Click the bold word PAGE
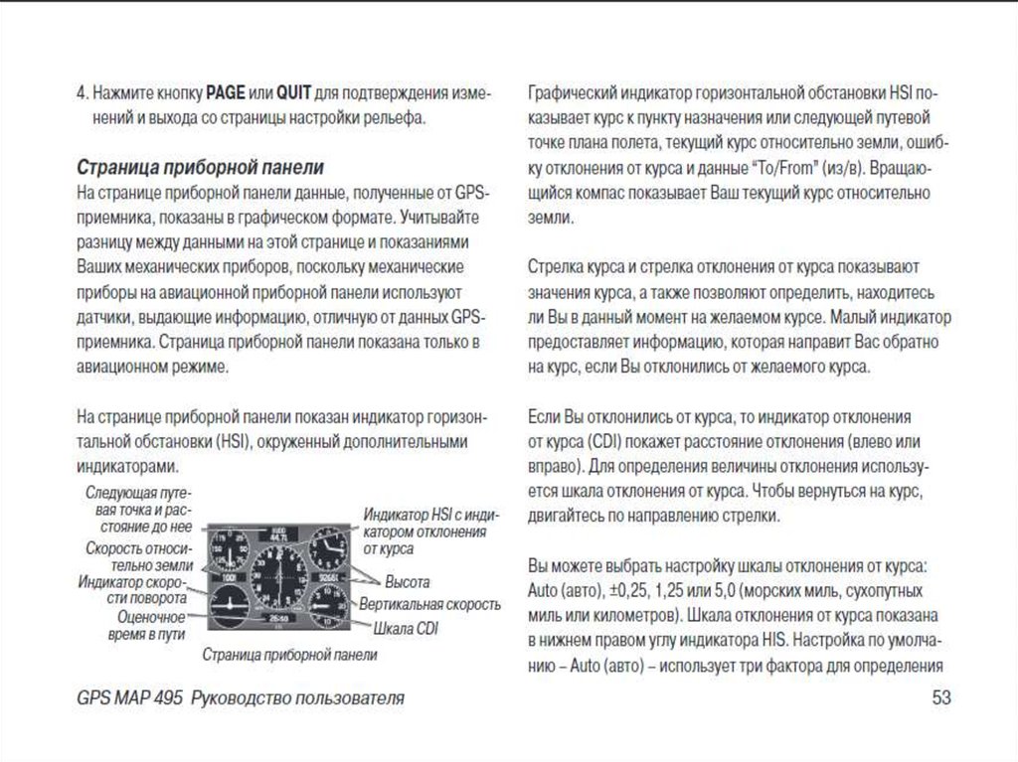(x=226, y=94)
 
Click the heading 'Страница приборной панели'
(x=200, y=164)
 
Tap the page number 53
(x=941, y=697)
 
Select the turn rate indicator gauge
(x=227, y=602)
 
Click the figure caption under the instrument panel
(x=289, y=655)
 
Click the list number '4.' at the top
(x=83, y=94)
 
